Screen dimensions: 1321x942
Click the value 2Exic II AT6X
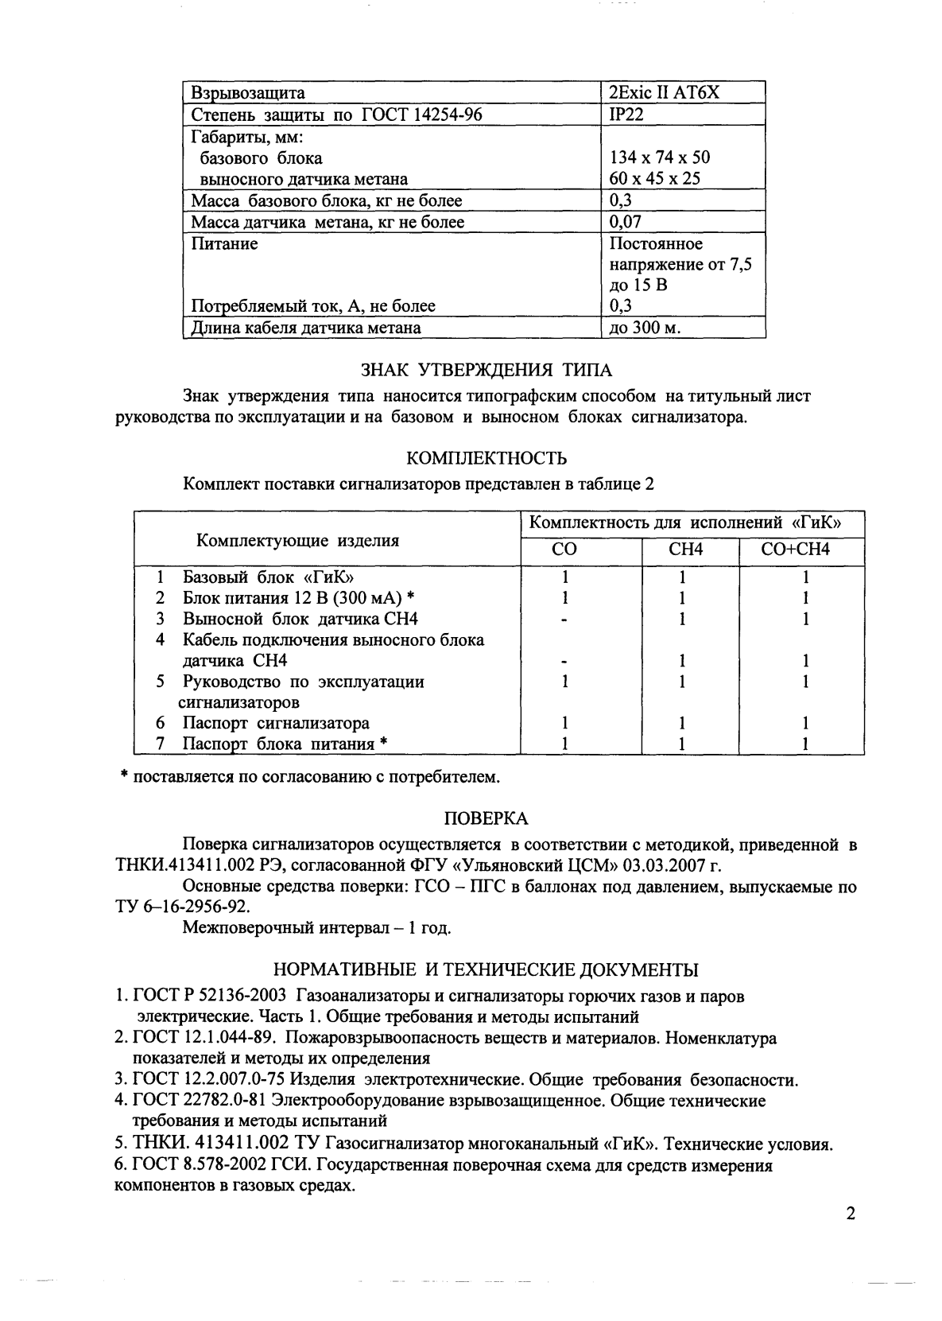(x=664, y=92)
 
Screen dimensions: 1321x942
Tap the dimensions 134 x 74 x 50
(x=659, y=157)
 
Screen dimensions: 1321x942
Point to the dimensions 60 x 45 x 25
(x=654, y=178)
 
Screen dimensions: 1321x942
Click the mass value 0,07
(x=625, y=222)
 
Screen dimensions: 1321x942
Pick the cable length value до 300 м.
(x=645, y=327)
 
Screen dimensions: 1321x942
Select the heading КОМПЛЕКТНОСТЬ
(x=487, y=458)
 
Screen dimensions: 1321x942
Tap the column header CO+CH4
(x=801, y=550)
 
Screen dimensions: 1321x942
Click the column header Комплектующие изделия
(x=297, y=541)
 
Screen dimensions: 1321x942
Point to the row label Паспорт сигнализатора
(x=275, y=723)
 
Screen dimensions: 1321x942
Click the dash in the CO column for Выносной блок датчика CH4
(x=564, y=620)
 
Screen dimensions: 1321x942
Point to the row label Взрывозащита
(x=248, y=92)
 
